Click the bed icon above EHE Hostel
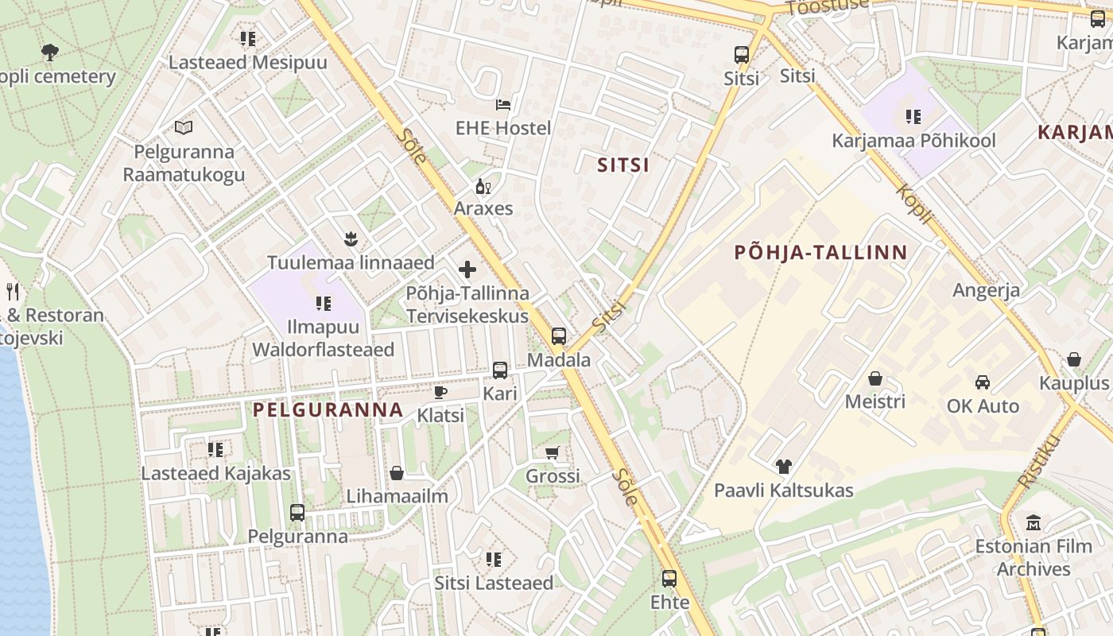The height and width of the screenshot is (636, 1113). point(502,104)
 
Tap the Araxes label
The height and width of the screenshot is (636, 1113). point(483,208)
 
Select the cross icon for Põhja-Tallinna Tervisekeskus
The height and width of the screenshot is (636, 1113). point(467,270)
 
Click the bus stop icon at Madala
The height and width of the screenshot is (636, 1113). point(559,336)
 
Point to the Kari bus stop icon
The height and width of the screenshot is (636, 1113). point(500,370)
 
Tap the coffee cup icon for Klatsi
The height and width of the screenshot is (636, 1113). point(440,392)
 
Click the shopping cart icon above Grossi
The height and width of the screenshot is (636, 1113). point(553,453)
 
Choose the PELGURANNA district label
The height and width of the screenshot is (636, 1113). point(328,410)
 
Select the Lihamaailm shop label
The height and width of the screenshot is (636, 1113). point(397,496)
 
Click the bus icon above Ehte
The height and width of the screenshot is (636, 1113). point(669,579)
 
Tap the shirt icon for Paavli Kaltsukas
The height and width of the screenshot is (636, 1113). point(784,467)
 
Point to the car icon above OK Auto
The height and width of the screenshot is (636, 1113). point(983,382)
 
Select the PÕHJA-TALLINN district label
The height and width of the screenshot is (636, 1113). point(820,253)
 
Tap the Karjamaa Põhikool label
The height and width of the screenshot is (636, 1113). point(913,141)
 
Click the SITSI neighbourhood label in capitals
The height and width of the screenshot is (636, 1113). point(623,165)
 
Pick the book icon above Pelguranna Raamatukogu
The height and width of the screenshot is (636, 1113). point(184,127)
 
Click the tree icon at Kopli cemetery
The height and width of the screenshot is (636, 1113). point(49,52)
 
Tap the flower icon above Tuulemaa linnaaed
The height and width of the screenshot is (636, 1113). point(349,238)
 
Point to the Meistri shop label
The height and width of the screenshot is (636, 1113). point(874,401)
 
